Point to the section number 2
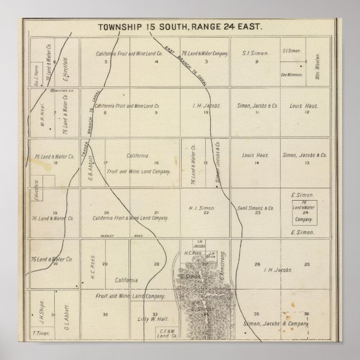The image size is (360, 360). tap(257, 61)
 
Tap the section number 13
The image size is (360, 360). tap(307, 163)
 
